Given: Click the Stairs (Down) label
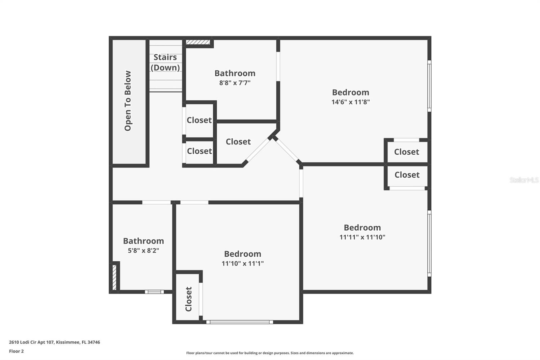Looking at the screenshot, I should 165,62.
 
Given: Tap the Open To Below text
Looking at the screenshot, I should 128,101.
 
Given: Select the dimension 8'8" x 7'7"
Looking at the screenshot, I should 235,83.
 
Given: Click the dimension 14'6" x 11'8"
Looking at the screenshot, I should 350,102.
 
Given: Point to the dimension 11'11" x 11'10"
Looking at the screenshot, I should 362,237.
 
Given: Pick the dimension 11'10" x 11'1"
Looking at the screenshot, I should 242,263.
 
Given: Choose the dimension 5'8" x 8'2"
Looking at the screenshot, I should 143,251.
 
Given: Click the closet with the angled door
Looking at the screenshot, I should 238,142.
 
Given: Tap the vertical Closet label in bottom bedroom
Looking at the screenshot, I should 188,299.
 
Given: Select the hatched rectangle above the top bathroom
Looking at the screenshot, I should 198,42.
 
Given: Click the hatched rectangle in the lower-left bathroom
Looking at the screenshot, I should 114,277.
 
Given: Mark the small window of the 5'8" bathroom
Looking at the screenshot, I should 154,292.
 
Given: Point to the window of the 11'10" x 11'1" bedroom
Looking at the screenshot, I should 240,322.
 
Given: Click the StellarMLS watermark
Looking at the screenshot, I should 524,180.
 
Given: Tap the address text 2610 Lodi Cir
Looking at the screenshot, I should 54,342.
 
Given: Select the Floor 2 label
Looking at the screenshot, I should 16,351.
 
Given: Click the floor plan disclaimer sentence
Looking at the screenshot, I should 270,353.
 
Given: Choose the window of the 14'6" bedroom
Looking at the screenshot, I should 429,86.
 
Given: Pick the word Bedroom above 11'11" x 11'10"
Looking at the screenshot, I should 362,228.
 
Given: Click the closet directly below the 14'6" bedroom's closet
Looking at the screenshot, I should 407,175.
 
